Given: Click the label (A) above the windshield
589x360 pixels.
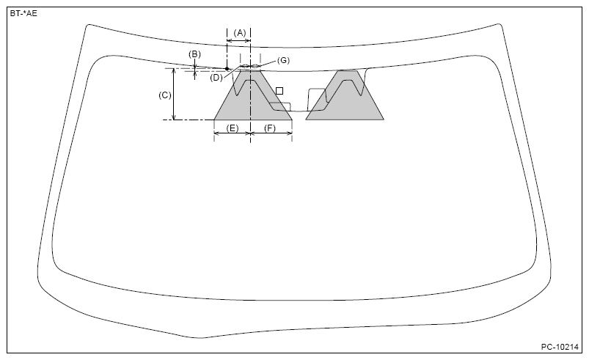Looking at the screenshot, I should [239, 33].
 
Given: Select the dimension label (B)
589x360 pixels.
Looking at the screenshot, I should [194, 54].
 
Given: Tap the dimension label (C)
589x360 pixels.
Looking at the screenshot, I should [165, 95].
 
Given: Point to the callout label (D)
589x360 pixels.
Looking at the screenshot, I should [216, 77].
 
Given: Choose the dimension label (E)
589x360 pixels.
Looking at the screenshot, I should [232, 128].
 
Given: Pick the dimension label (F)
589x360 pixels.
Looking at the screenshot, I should [269, 128].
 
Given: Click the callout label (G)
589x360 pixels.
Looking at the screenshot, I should [283, 59].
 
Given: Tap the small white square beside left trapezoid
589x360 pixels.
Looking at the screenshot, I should [279, 91].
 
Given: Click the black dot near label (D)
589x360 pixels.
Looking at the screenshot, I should [227, 69].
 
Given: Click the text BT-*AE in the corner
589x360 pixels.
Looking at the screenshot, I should [23, 13].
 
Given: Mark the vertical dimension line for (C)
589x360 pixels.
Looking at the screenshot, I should [174, 94].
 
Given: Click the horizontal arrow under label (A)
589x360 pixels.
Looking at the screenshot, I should [239, 41].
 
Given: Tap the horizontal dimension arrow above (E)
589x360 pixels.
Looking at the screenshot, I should [232, 134].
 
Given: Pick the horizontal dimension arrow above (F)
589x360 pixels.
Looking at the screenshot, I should [271, 134].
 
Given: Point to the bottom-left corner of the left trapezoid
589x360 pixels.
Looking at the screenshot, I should [214, 120].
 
